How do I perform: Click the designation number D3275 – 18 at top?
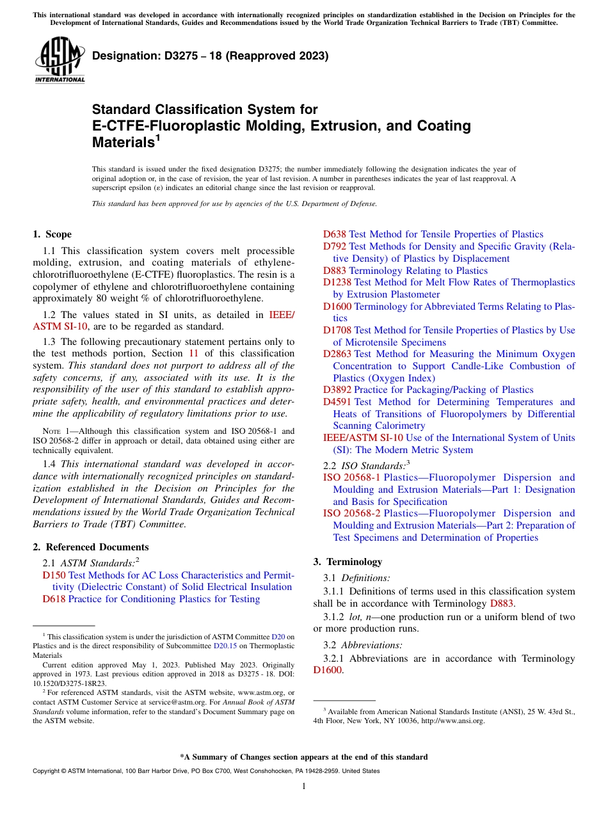[x=211, y=56]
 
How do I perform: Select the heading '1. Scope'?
[x=52, y=234]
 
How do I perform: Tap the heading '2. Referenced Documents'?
[x=91, y=547]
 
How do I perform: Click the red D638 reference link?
[x=334, y=234]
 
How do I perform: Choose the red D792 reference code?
[x=334, y=246]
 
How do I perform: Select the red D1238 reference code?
[x=337, y=282]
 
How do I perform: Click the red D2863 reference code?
[x=337, y=354]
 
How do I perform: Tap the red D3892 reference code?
[x=337, y=390]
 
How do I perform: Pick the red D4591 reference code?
[x=337, y=402]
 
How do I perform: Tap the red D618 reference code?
[x=54, y=599]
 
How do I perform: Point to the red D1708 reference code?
[x=337, y=330]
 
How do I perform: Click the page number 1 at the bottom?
[x=304, y=786]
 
